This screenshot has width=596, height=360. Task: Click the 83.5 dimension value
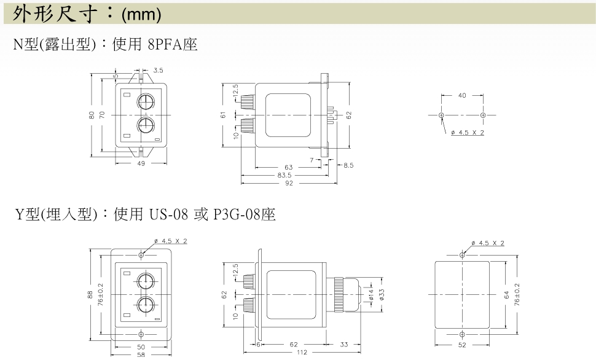[x=284, y=175]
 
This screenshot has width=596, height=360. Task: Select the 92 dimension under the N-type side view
[x=289, y=183]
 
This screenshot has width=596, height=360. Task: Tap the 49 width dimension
[x=141, y=163]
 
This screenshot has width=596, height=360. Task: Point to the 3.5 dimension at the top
[x=158, y=70]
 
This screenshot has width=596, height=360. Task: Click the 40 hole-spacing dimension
[x=462, y=95]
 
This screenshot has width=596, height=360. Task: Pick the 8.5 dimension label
[x=348, y=165]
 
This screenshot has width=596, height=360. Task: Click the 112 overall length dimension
[x=302, y=353]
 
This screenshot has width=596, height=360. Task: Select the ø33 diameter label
[x=382, y=295]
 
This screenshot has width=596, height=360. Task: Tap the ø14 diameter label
[x=371, y=295]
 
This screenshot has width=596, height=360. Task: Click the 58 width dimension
[x=141, y=355]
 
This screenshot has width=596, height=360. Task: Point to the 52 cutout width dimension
[x=462, y=345]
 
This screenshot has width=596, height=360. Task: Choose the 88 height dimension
[x=90, y=295]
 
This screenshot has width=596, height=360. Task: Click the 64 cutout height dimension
[x=507, y=295]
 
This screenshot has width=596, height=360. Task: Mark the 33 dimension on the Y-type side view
[x=344, y=345]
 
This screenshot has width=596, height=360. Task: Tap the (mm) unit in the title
[x=141, y=15]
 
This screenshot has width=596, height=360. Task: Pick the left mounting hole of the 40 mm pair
[x=441, y=115]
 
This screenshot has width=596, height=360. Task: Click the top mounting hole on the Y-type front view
[x=141, y=255]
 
